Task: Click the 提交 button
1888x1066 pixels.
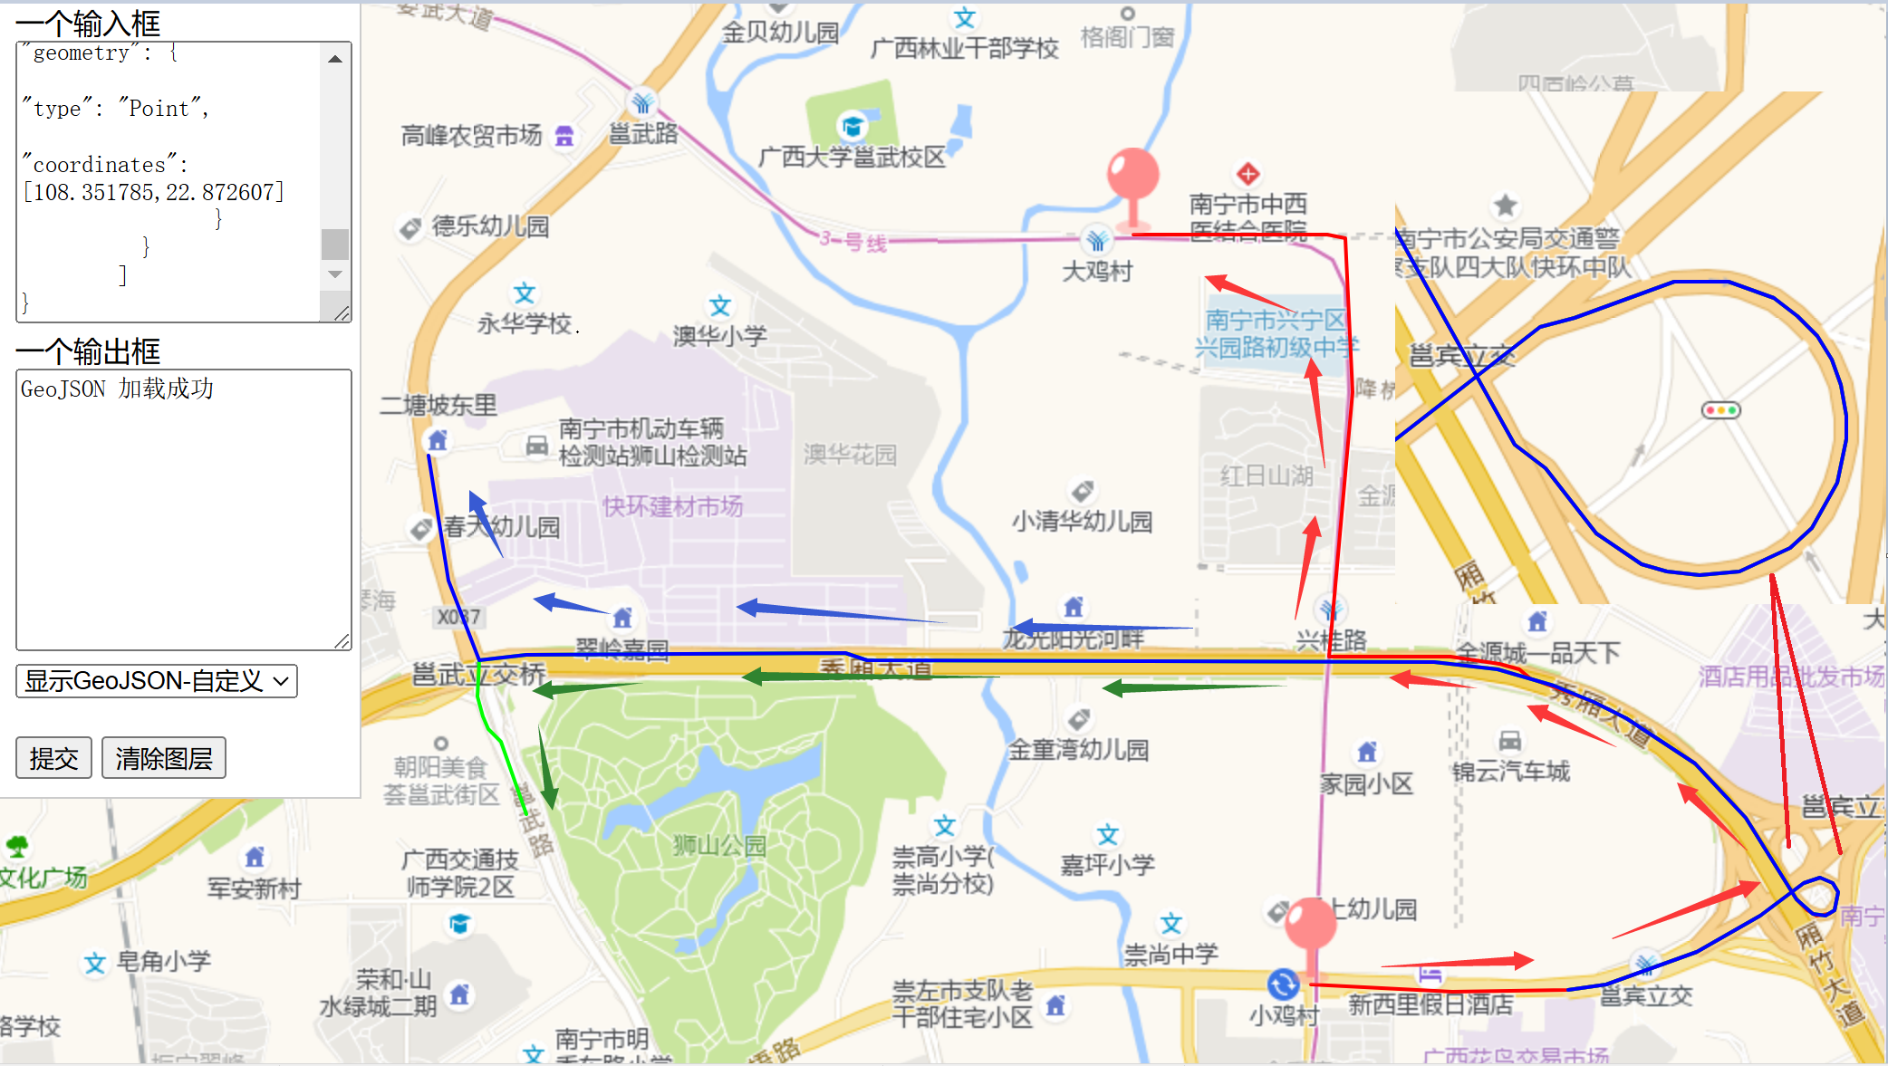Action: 53,758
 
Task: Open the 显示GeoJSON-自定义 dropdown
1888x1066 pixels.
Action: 157,680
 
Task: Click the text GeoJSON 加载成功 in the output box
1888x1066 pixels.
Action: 118,389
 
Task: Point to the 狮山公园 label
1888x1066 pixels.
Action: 719,845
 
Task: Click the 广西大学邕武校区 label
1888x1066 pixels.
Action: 851,158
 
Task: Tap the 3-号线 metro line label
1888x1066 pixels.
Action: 852,241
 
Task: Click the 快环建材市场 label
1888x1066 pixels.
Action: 672,506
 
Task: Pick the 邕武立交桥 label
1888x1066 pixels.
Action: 478,675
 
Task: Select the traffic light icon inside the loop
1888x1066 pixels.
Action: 1720,410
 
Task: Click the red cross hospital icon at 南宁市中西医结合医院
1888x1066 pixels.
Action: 1247,173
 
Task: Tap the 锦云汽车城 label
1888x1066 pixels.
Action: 1510,771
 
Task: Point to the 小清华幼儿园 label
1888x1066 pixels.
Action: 1082,522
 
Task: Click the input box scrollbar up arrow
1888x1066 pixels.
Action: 335,59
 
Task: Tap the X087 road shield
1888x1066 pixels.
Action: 458,617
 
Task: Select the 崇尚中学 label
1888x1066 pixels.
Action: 1170,954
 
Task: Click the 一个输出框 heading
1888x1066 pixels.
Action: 88,351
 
